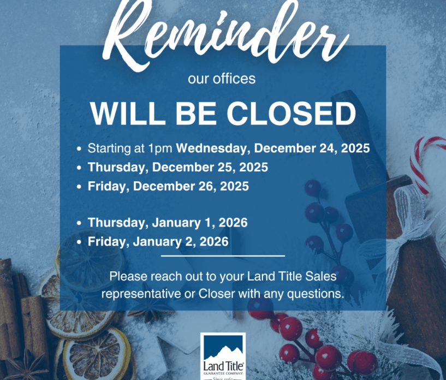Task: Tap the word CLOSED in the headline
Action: coord(292,114)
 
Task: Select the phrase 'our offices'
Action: coord(222,79)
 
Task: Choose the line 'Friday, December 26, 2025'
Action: coord(168,186)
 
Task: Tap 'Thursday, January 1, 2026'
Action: coord(168,222)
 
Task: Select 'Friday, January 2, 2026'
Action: coord(158,241)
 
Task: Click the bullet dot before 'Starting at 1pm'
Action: coord(80,149)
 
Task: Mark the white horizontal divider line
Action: coord(223,256)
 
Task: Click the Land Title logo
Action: coord(223,355)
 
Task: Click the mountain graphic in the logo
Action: coord(223,349)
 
